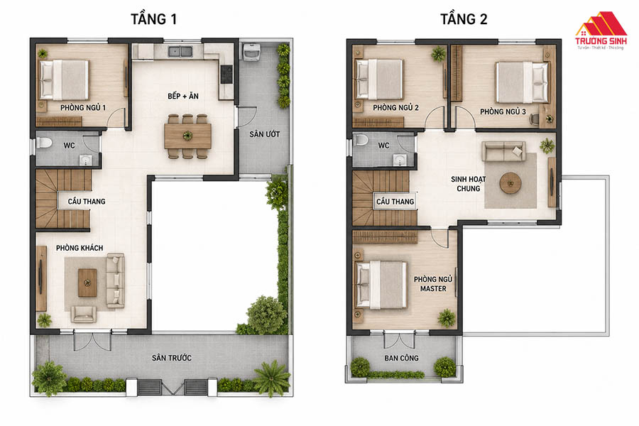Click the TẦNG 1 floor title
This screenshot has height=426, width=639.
pos(153,19)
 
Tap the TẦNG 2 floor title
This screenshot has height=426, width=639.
pos(464,19)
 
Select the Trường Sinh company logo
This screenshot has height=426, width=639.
pos(601,31)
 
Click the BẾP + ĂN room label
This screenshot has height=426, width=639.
pos(183,97)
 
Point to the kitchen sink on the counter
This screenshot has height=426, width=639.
pos(180,51)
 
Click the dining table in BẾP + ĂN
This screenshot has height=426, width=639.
pos(187,136)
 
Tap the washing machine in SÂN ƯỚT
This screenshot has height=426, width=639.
pos(251,51)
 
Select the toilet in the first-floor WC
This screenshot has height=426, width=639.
pos(43,142)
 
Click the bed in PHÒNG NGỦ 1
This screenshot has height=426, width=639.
pos(64,80)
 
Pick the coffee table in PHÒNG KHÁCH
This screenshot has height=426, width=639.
pos(87,283)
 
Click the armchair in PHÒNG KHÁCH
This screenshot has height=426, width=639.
pos(84,314)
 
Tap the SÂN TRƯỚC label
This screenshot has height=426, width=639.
pos(172,358)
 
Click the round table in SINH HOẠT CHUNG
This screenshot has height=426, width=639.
pos(510,183)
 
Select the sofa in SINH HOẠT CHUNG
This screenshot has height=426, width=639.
pos(503,151)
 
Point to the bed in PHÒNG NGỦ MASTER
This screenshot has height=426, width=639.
pos(381,285)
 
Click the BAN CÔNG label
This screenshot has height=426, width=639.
pos(401,358)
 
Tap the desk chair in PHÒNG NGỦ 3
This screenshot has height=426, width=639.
pos(534,119)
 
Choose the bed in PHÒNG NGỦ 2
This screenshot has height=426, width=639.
pos(380,80)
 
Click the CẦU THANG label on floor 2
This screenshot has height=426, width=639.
pos(395,202)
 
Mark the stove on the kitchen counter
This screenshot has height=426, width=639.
pos(226,74)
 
